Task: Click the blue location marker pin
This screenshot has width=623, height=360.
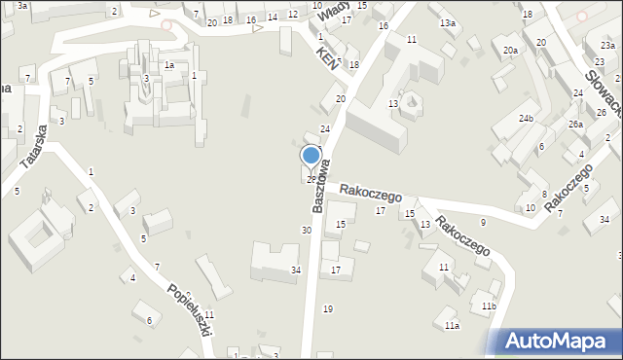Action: (311, 157)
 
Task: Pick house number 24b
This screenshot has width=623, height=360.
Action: (526, 119)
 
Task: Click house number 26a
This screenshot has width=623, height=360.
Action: (575, 125)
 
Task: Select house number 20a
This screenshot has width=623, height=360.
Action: (509, 50)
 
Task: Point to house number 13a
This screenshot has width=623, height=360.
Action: (447, 22)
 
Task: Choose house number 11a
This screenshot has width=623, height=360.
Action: (452, 325)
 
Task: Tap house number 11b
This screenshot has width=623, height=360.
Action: (489, 306)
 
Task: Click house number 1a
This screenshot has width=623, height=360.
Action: (168, 65)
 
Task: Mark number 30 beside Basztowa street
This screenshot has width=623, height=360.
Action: (306, 231)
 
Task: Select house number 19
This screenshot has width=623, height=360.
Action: (328, 309)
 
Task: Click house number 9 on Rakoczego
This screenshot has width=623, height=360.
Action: (483, 223)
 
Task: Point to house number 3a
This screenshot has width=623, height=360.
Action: (21, 6)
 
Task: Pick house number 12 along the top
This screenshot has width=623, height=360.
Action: (292, 15)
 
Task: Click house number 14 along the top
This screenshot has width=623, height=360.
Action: (272, 17)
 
